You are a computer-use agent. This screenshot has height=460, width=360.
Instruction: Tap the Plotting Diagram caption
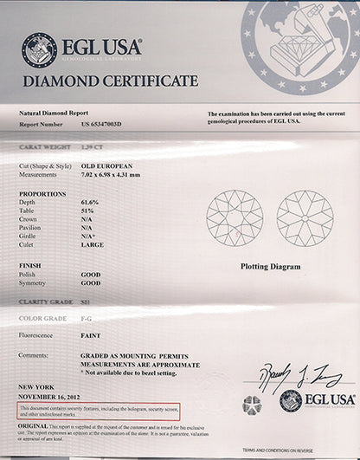[x=270, y=268]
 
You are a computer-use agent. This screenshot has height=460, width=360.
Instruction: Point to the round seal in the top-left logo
[x=40, y=49]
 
